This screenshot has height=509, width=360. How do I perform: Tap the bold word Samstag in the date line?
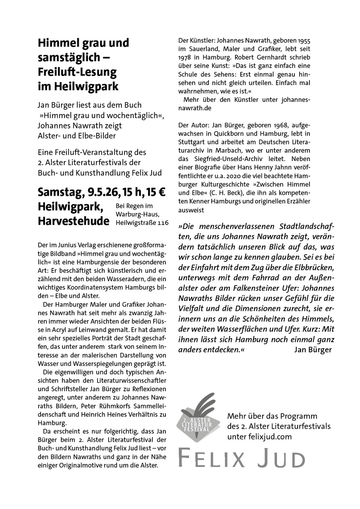(60, 192)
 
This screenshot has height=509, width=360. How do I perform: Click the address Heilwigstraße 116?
(142, 223)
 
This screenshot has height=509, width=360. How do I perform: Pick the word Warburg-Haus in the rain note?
(133, 215)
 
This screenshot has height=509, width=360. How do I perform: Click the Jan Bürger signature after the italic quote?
(313, 350)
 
